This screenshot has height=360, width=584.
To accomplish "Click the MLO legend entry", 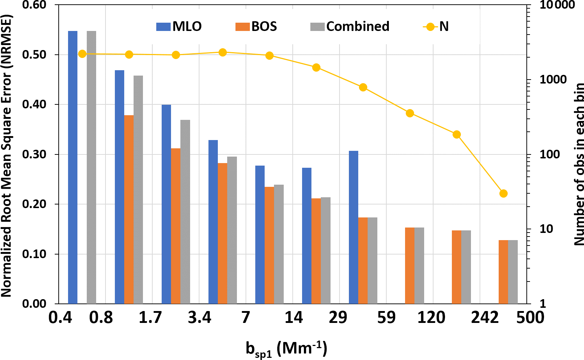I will pyautogui.click(x=179, y=27).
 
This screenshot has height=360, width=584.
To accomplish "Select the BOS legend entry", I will pyautogui.click(x=256, y=27).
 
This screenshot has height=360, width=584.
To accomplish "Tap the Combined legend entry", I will pyautogui.click(x=350, y=27).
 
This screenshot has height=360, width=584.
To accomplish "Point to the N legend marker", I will pyautogui.click(x=430, y=27).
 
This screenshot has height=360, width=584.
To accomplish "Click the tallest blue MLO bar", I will pyautogui.click(x=73, y=167).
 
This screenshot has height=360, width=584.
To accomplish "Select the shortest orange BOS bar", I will pyautogui.click(x=503, y=272).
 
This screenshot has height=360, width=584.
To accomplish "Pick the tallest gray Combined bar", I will pyautogui.click(x=91, y=167).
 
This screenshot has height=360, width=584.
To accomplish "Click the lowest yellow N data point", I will pyautogui.click(x=503, y=194).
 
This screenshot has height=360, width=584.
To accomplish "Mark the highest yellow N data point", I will pyautogui.click(x=223, y=53).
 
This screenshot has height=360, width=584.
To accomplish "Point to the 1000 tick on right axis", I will pyautogui.click(x=553, y=80).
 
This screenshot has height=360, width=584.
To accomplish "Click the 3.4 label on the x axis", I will pyautogui.click(x=199, y=318).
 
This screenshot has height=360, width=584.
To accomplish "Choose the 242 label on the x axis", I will pyautogui.click(x=485, y=318).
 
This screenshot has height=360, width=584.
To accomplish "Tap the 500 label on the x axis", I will pyautogui.click(x=530, y=318).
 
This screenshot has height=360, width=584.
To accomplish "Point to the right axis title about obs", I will pyautogui.click(x=578, y=164).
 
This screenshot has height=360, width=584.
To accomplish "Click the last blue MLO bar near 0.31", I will pyautogui.click(x=354, y=227).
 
